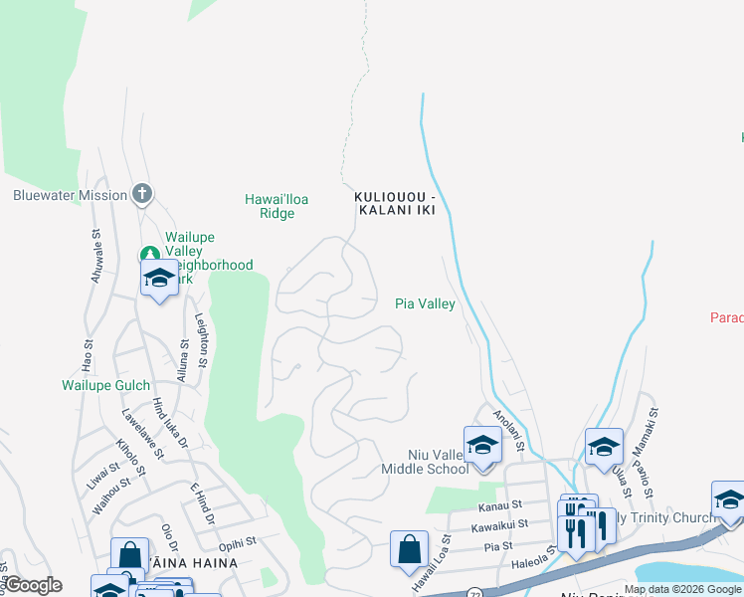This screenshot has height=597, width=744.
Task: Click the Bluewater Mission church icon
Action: coord(142,194)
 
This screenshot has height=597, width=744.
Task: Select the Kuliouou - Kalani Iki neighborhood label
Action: coord(395,206)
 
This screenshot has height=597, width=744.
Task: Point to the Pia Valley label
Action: coord(425,304)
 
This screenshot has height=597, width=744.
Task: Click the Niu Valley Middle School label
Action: coord(425,461)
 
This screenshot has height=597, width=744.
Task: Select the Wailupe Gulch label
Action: coord(106,385)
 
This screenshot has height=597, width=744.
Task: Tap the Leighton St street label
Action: coord(201,339)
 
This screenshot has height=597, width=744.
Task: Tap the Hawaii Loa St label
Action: coord(432,570)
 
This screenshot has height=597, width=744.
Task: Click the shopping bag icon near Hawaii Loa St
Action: coord(409,549)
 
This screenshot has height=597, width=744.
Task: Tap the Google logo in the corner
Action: coord(32,586)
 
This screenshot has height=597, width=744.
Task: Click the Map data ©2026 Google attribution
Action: coord(681,590)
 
